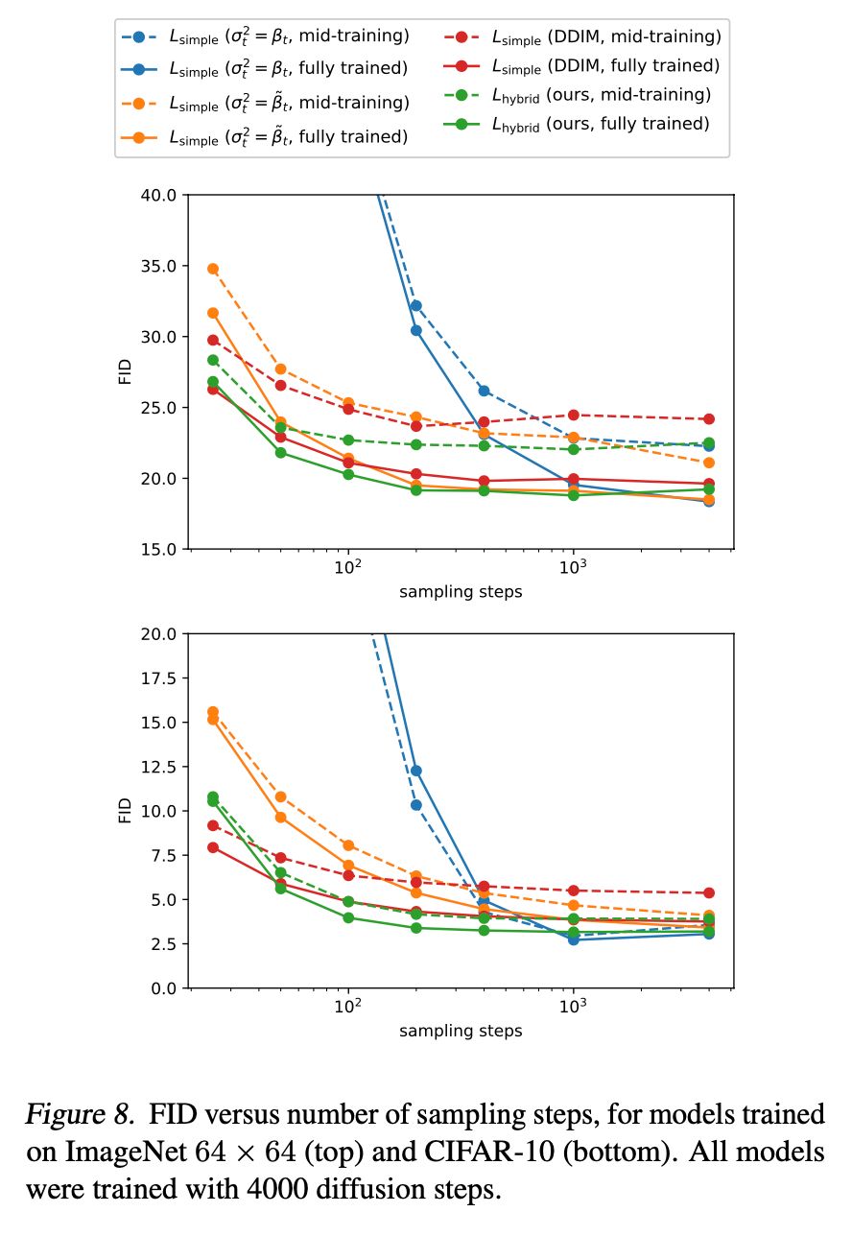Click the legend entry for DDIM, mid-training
click(581, 36)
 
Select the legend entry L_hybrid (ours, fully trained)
click(581, 123)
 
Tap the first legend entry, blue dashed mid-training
click(265, 36)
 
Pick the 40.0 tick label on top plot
click(157, 195)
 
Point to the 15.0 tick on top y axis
click(157, 549)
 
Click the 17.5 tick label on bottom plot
click(157, 677)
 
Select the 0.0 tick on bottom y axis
click(163, 987)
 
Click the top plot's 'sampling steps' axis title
click(461, 592)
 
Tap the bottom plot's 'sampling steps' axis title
click(461, 1031)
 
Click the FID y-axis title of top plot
click(125, 371)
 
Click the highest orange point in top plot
click(213, 269)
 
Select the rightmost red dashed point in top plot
click(708, 418)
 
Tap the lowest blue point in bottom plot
click(573, 939)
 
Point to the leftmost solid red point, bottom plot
click(213, 847)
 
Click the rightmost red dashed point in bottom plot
click(708, 892)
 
